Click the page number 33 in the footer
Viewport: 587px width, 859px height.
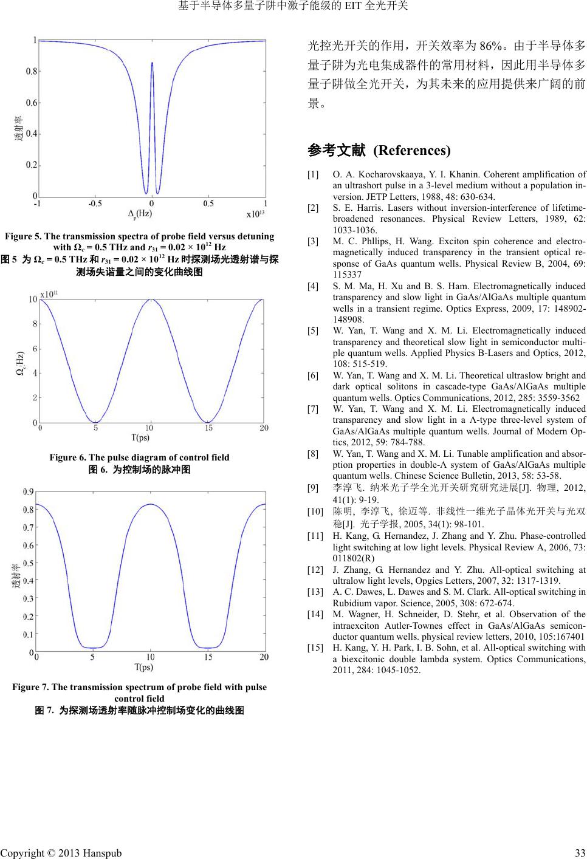580,852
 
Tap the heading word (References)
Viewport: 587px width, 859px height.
411,150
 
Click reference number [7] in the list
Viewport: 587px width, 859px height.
314,409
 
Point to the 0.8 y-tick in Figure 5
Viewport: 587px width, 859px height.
31,71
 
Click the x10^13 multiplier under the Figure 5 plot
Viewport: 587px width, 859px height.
256,214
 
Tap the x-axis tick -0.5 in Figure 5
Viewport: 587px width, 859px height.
95,204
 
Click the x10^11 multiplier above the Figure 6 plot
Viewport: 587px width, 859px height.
49,293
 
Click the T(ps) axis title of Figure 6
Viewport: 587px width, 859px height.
140,437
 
